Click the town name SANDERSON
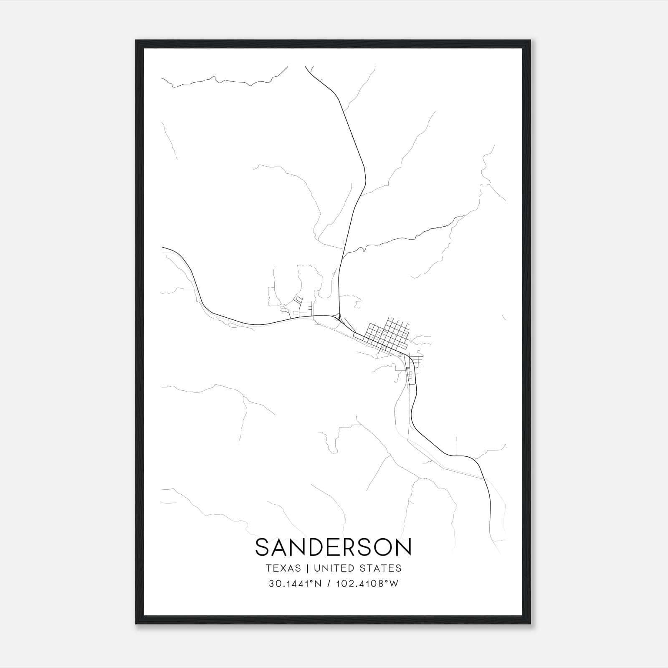click(x=333, y=547)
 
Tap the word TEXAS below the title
click(x=283, y=568)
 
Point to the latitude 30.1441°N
click(x=295, y=584)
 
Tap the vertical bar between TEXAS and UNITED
click(x=307, y=568)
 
